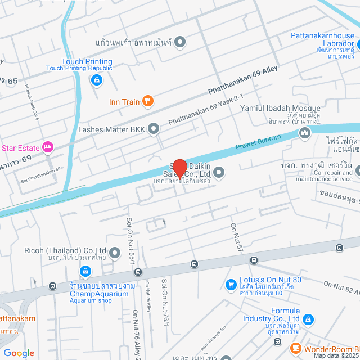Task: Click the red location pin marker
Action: [179, 168]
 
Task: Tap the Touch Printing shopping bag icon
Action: [96, 80]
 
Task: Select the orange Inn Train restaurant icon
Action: [148, 101]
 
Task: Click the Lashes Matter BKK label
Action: [112, 129]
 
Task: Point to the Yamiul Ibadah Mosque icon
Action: [305, 133]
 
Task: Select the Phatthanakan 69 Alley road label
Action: [243, 81]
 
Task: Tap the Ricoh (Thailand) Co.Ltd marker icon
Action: [115, 253]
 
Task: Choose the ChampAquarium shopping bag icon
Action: [85, 272]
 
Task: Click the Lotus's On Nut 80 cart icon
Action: [231, 285]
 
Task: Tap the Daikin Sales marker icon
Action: [218, 173]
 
